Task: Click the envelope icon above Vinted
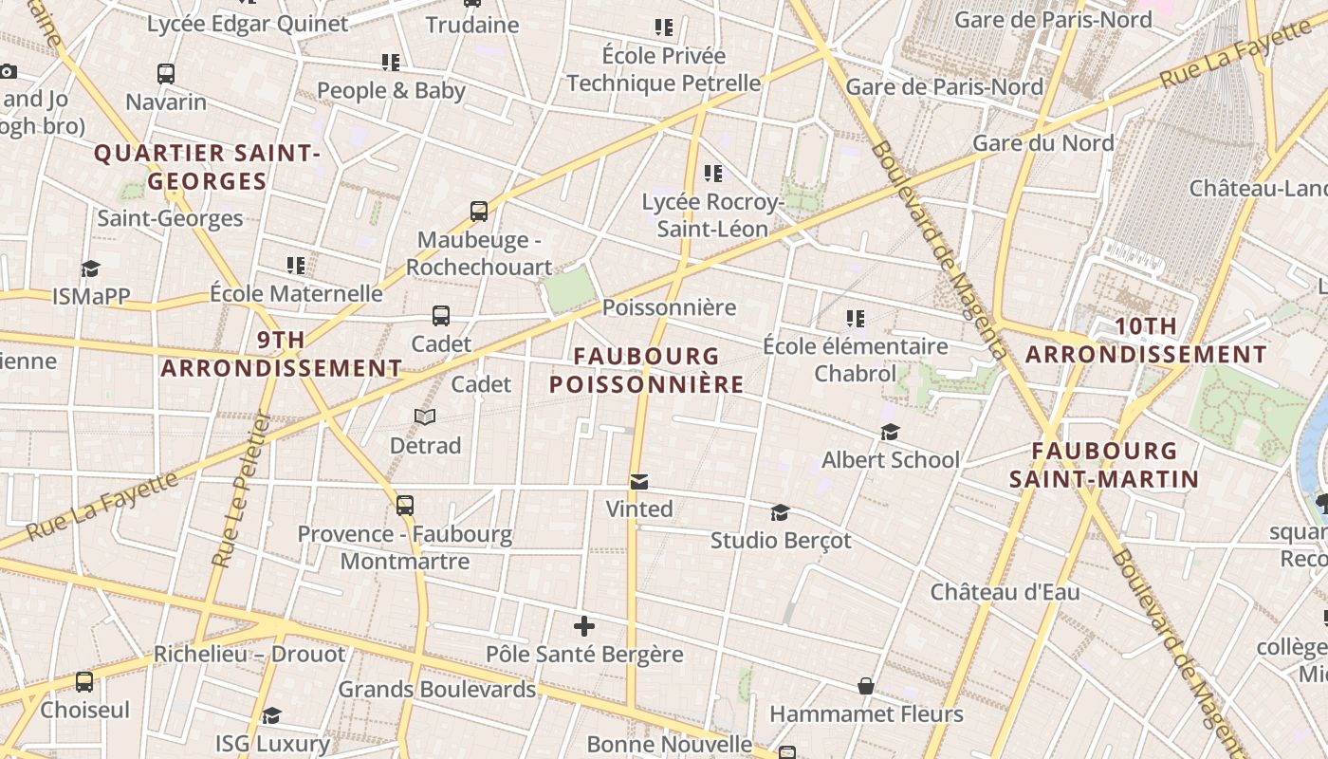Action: (x=639, y=482)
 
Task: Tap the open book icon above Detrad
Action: (x=425, y=417)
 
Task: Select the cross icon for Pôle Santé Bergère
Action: (x=584, y=626)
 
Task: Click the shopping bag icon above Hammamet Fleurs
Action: (x=866, y=686)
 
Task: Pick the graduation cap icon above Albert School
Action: (x=890, y=433)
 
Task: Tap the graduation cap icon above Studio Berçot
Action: (x=780, y=512)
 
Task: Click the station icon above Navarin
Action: (x=166, y=73)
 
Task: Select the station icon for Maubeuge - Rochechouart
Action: (x=479, y=212)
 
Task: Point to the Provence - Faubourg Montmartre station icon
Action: (x=405, y=505)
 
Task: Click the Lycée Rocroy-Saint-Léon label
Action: (x=711, y=215)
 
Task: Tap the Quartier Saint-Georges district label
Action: (x=207, y=167)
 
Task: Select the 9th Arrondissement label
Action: (x=281, y=354)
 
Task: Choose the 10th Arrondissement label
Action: (x=1146, y=341)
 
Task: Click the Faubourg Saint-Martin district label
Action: (x=1104, y=465)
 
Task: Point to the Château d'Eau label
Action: (x=1005, y=592)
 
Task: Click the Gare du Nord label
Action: (x=1042, y=143)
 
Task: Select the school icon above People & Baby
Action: (x=390, y=63)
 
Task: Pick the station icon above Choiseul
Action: (x=84, y=682)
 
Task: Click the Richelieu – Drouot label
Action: (x=249, y=654)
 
